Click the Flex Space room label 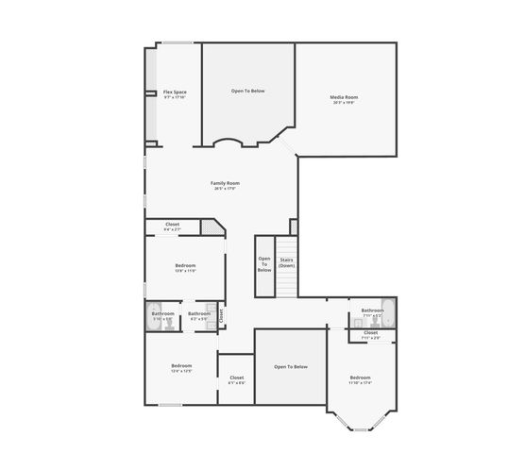pos(175,92)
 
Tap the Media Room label pos(344,97)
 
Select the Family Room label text pos(225,182)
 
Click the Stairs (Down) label pos(286,262)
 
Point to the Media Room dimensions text pos(344,103)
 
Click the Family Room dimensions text pos(225,188)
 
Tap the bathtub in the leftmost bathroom pos(149,316)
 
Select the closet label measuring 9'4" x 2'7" pos(172,224)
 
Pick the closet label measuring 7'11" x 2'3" pos(370,332)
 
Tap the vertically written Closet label pos(221,316)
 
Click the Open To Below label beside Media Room pos(248,91)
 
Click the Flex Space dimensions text pos(175,97)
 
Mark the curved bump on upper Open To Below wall pos(229,143)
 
